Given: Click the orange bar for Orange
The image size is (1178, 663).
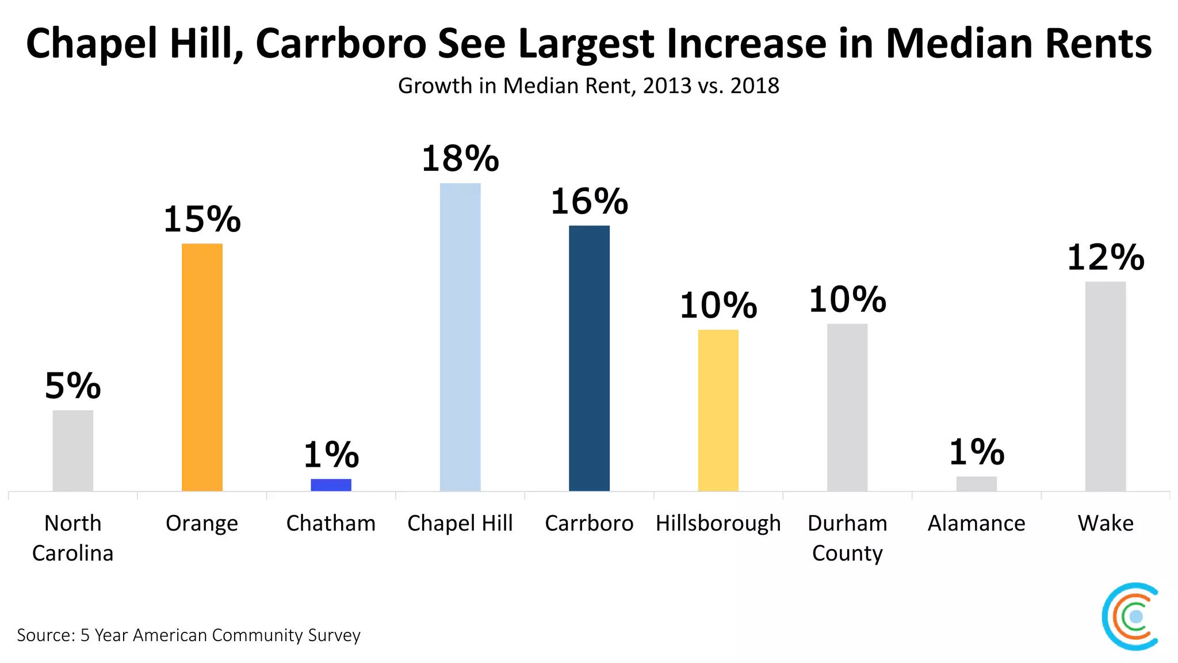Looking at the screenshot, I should [x=202, y=367].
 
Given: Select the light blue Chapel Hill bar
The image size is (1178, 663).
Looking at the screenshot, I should [x=460, y=337].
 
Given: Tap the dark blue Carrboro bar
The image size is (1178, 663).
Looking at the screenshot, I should [x=589, y=358].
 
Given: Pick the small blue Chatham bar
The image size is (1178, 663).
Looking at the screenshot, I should [x=331, y=485].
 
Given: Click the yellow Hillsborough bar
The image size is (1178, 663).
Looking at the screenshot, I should [x=718, y=410].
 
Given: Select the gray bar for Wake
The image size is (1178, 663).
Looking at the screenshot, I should [x=1105, y=386].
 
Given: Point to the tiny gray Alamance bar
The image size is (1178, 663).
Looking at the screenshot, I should [x=976, y=483].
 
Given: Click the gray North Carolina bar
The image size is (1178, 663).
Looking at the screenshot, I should [x=72, y=450].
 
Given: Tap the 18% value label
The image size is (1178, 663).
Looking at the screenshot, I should [x=460, y=159].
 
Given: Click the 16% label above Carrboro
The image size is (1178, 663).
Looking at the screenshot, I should [x=589, y=202].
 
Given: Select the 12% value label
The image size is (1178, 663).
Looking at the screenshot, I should [x=1105, y=257].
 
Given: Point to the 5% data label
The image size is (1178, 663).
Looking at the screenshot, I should [x=72, y=386].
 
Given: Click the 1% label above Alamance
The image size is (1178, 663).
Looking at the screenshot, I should [x=976, y=452].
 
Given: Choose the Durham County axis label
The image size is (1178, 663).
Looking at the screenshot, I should [x=847, y=538].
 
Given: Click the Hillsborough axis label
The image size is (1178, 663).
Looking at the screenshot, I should [x=718, y=524].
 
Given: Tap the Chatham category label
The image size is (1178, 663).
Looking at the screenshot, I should [x=331, y=524].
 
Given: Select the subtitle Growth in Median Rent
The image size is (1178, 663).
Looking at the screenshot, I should [x=588, y=86].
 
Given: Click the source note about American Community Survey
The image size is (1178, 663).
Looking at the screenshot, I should [x=189, y=635].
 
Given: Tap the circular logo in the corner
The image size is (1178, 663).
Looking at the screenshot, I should [x=1131, y=616].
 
